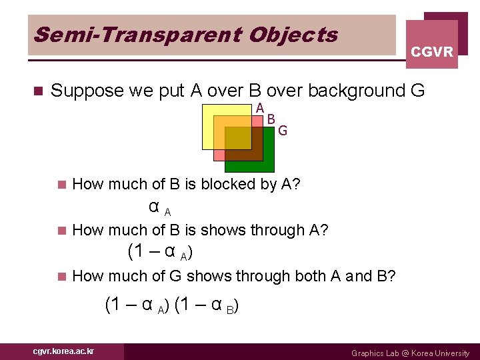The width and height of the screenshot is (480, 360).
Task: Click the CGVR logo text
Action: tap(432, 51)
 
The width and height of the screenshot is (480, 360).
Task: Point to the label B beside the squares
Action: tap(271, 119)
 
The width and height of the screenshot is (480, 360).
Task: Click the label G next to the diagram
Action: tap(283, 131)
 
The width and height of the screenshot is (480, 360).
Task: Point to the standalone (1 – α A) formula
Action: tap(160, 253)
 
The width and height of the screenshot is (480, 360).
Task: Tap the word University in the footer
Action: tap(453, 353)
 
